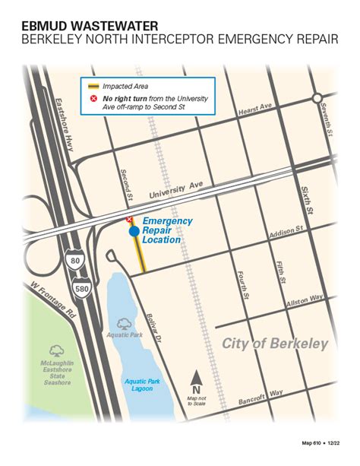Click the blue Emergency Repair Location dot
[x=134, y=230]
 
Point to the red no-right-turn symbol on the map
[x=129, y=220]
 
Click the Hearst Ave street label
[x=254, y=111]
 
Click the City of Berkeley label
[x=275, y=344]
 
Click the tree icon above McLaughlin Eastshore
[x=55, y=351]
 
